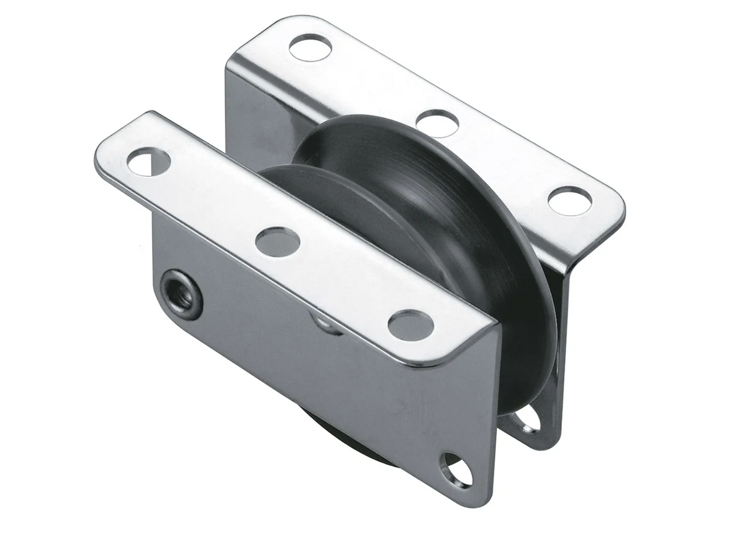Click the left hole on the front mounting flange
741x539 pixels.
point(148,161)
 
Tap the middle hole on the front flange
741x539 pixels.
point(277,242)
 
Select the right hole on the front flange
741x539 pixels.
point(411,325)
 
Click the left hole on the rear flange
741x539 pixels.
point(310,48)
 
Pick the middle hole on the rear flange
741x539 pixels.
point(437,123)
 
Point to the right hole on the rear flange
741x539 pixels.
point(569,201)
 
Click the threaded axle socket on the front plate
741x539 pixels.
point(182,294)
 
